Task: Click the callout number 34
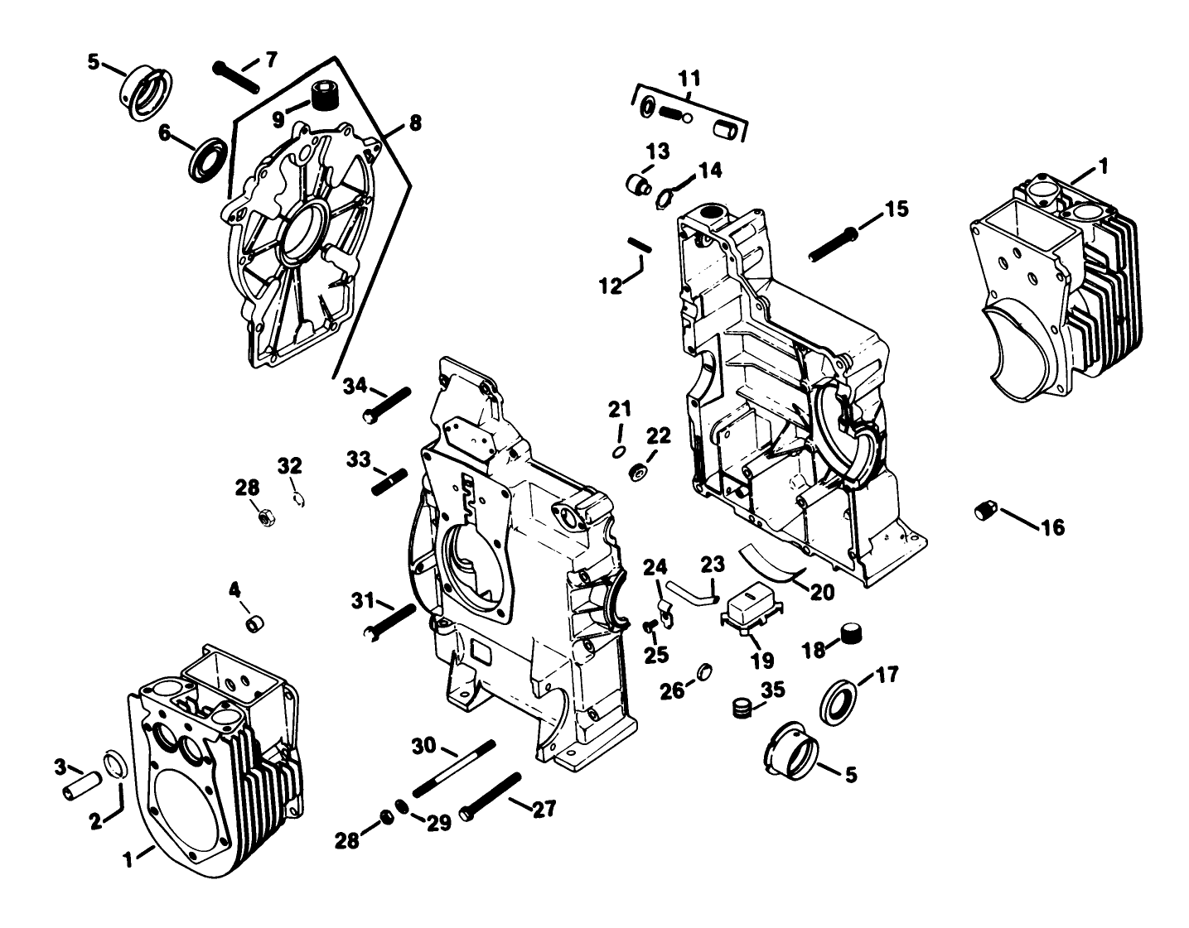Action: pos(355,385)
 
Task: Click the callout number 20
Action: pos(823,592)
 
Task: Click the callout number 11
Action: pos(689,79)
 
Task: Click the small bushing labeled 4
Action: pos(256,621)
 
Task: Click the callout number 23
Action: pos(712,565)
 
